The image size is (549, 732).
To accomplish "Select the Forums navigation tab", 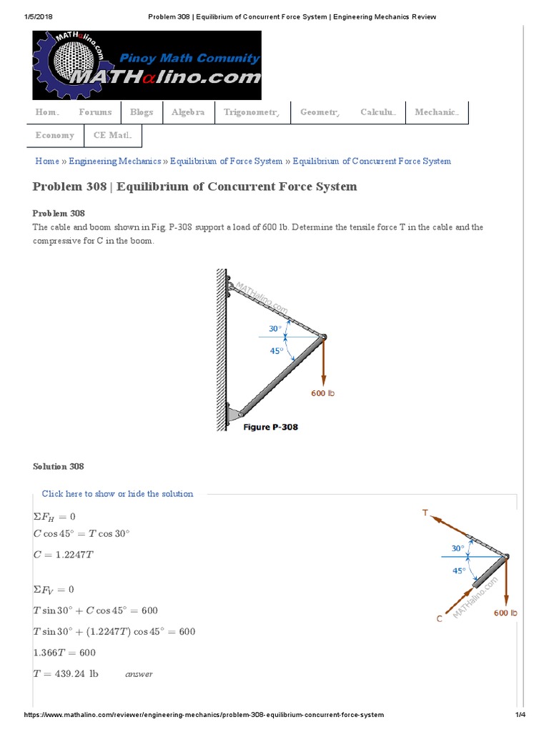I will (95, 112).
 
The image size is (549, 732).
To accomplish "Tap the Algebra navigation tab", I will (188, 112).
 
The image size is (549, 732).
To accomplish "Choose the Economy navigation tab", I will (55, 135).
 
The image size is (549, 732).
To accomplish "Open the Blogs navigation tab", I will (142, 112).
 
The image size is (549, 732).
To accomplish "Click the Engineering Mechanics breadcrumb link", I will (115, 162).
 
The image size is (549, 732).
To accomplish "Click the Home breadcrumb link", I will (47, 162).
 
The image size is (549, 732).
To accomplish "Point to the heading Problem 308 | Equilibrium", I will (194, 187).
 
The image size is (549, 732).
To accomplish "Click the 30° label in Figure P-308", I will (275, 329).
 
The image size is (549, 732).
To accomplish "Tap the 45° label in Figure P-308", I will (275, 350).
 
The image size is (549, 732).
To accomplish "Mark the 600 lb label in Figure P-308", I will (323, 393).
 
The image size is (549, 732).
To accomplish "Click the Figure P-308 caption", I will (270, 427).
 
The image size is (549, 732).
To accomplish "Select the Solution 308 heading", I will (59, 467).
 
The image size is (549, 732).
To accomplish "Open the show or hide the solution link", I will (117, 494).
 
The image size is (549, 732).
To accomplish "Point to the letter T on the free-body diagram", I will (425, 513).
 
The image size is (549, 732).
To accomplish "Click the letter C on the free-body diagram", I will (440, 619).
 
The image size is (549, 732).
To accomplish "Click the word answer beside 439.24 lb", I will (139, 674).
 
